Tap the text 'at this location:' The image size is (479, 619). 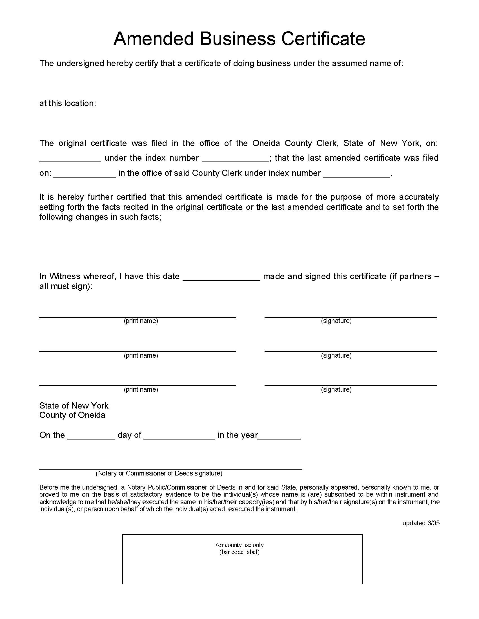68,103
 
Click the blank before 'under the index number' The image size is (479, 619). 70,159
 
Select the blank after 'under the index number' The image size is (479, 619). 235,159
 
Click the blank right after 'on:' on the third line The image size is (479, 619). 85,174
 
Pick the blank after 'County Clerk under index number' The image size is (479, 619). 357,174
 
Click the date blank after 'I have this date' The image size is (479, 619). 221,277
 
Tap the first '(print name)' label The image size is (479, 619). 141,321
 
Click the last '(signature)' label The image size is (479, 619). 336,389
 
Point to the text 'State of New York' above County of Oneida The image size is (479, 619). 74,405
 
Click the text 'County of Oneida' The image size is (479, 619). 72,415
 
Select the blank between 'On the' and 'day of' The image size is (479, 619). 91,436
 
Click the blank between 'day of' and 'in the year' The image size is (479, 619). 179,436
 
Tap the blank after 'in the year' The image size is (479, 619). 279,436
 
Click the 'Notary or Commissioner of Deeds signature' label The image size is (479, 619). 159,473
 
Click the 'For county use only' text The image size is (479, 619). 239,545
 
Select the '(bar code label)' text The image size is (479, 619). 239,552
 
